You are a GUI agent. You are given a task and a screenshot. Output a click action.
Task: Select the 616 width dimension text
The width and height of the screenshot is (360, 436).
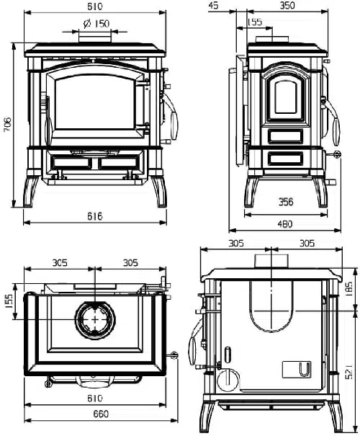[95, 216]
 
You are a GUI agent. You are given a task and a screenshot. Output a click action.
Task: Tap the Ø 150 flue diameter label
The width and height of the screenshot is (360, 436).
[95, 24]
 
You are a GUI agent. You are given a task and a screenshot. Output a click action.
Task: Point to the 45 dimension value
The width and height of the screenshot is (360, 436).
[213, 6]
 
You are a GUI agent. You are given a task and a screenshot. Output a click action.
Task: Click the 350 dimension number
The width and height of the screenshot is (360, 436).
[289, 6]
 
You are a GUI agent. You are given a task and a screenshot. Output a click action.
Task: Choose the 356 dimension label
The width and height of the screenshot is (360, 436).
[287, 203]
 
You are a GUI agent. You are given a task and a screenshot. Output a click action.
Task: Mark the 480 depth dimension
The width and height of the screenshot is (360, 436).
[286, 224]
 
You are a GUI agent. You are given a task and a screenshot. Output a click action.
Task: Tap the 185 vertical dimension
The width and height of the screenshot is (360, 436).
[348, 289]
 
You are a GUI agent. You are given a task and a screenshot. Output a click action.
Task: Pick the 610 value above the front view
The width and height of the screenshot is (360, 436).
[95, 6]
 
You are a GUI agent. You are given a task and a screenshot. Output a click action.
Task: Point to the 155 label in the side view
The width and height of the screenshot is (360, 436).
[255, 22]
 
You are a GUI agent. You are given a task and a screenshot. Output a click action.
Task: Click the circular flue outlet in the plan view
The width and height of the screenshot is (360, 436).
[94, 318]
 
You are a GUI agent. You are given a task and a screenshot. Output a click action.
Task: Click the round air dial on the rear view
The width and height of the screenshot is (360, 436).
[226, 380]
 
